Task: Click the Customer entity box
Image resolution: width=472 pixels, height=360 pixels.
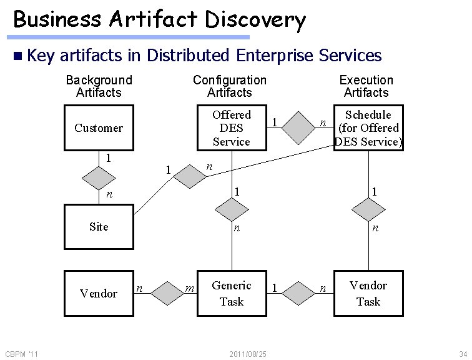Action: [99, 128]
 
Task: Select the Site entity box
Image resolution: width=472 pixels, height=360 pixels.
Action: [99, 227]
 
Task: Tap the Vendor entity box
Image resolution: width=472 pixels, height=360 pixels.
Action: [99, 293]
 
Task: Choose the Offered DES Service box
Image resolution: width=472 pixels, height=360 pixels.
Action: [232, 128]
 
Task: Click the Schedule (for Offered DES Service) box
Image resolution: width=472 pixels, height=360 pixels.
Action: [368, 128]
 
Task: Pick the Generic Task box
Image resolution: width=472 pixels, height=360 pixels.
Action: [232, 293]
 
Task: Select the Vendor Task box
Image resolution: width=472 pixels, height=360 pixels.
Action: [368, 293]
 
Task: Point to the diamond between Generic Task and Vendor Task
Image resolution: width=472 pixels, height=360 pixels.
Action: [300, 292]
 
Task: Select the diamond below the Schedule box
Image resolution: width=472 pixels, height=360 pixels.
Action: [368, 209]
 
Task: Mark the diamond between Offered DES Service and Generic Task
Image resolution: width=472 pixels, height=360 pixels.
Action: [232, 209]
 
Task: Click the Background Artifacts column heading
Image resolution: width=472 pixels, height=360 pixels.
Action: [99, 86]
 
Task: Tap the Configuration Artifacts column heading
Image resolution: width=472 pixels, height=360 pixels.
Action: [229, 86]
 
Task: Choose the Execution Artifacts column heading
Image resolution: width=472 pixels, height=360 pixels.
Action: [366, 86]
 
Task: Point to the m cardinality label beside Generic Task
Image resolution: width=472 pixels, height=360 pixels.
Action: [190, 288]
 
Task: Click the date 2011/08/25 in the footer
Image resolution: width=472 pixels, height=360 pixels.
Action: [248, 354]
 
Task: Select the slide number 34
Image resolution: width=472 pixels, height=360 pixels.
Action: [462, 354]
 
